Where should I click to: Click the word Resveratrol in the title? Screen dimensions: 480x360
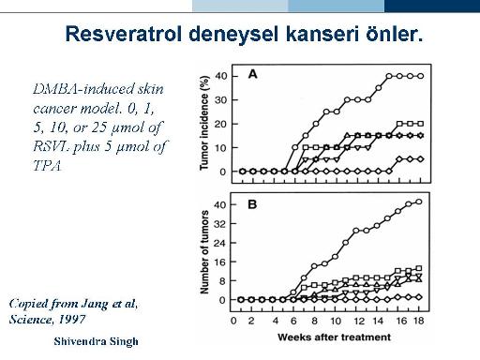(x=124, y=34)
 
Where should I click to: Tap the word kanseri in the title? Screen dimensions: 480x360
(x=322, y=34)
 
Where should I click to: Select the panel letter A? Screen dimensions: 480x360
(x=252, y=74)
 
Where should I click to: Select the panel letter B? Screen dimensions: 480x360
(x=252, y=204)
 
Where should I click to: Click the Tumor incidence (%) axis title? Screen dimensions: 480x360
(x=204, y=123)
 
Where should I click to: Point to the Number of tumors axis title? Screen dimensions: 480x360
(x=204, y=252)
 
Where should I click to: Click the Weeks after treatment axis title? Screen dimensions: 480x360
(x=334, y=337)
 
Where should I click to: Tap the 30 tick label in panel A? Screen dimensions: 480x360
(x=221, y=100)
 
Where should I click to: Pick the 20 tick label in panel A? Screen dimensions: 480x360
(x=221, y=124)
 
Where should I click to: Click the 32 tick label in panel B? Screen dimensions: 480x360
(x=220, y=224)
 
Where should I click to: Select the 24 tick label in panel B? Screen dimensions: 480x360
(x=220, y=243)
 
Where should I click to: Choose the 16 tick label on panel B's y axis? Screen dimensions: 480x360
(x=220, y=262)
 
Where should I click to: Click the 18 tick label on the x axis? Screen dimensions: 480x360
(x=419, y=321)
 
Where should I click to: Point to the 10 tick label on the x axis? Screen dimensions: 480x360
(x=336, y=321)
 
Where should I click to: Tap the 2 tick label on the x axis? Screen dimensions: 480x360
(x=251, y=321)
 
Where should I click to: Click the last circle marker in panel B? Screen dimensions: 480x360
(x=419, y=202)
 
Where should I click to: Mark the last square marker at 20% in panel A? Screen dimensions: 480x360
(x=421, y=124)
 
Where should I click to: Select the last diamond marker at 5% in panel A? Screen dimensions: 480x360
(x=421, y=159)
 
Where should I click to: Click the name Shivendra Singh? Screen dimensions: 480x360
(x=96, y=341)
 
